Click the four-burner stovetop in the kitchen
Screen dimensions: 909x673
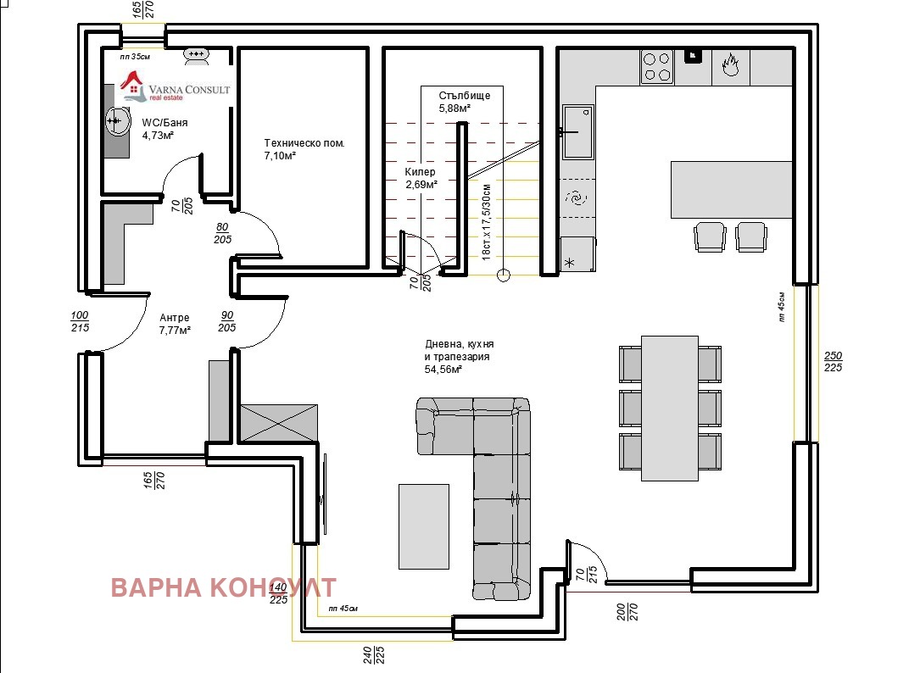click(657, 66)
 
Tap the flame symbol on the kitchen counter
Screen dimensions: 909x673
click(730, 64)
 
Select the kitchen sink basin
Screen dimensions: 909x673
click(578, 131)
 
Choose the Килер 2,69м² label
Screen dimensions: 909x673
click(421, 178)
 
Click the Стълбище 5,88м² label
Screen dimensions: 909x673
click(465, 102)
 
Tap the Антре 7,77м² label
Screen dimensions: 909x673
click(175, 324)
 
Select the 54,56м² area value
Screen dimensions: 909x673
click(443, 370)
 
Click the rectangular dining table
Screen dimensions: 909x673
click(670, 408)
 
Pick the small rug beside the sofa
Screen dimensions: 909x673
click(424, 526)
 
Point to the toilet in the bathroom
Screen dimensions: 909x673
click(197, 56)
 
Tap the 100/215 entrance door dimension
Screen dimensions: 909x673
click(80, 322)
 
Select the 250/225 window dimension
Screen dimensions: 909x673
click(833, 362)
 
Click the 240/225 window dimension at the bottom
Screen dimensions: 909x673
click(374, 655)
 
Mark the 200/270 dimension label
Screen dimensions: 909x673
click(627, 612)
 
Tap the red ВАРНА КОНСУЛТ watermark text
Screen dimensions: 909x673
click(223, 587)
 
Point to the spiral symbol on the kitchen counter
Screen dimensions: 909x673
click(577, 198)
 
